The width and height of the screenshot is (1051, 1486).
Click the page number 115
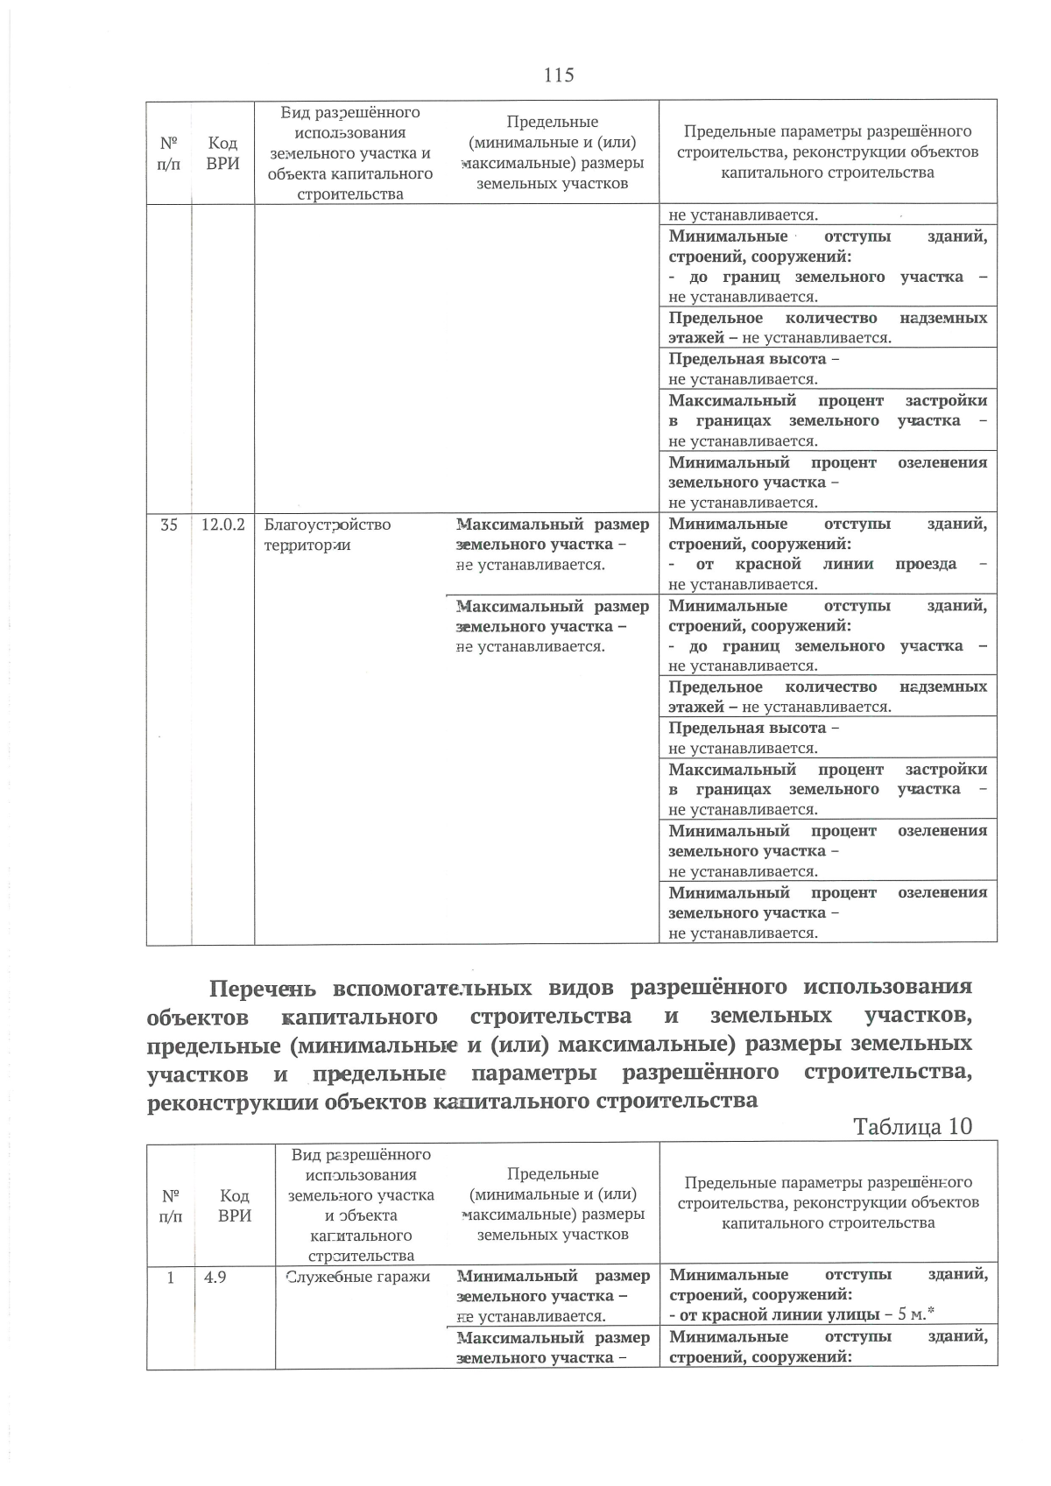(x=559, y=75)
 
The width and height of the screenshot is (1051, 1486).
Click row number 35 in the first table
(x=169, y=525)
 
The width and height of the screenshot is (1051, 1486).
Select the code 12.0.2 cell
(x=222, y=525)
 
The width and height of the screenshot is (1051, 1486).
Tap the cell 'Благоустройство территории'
(x=328, y=534)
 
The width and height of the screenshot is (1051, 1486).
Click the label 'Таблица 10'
(x=912, y=1126)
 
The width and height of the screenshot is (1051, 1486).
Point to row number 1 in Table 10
(x=171, y=1277)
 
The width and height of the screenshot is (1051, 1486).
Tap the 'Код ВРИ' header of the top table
(x=222, y=152)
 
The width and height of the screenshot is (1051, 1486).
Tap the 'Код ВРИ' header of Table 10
(x=234, y=1206)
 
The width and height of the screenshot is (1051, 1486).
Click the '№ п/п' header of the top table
(x=169, y=152)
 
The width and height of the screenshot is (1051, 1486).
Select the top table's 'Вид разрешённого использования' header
(x=349, y=152)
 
